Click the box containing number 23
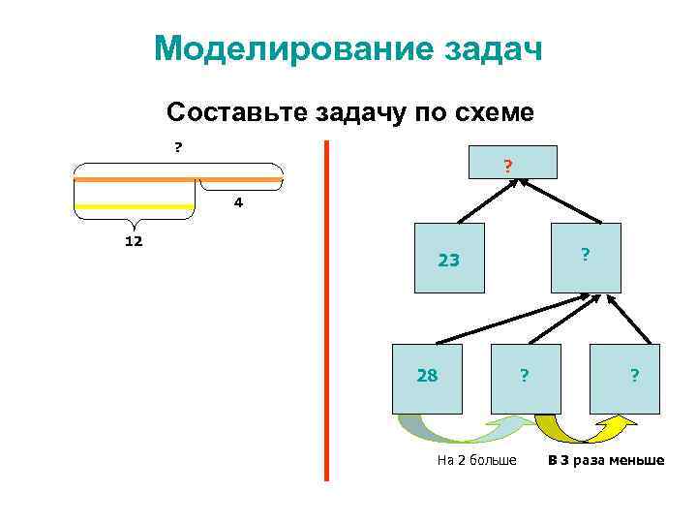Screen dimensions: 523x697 pos(449,260)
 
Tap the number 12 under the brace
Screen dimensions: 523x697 pos(134,240)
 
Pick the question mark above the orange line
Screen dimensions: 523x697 pos(177,147)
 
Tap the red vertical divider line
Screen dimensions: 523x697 pos(326,310)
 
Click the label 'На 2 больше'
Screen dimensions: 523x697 pos(477,460)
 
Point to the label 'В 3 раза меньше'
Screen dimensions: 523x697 pos(606,460)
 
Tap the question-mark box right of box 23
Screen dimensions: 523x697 pos(585,258)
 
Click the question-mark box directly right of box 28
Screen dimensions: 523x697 pos(526,376)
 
